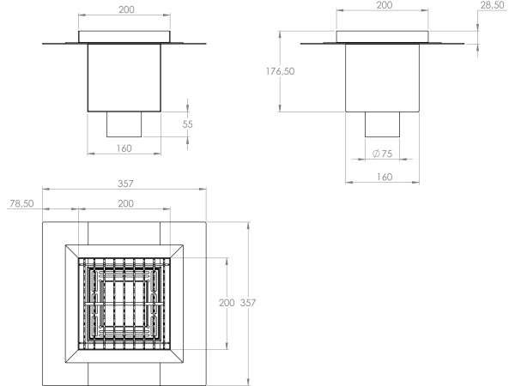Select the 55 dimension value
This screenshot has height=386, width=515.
click(x=188, y=124)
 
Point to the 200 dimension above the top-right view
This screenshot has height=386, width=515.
click(x=383, y=5)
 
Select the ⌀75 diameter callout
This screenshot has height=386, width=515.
click(x=383, y=154)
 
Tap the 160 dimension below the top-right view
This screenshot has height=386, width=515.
click(x=383, y=177)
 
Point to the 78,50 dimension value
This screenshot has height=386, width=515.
click(x=24, y=204)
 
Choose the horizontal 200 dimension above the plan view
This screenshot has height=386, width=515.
click(x=125, y=204)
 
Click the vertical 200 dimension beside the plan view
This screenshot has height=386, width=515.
click(x=227, y=303)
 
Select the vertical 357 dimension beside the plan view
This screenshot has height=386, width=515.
click(x=247, y=303)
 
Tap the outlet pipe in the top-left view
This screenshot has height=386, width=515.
click(x=125, y=124)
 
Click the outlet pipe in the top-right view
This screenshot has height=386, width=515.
click(x=383, y=124)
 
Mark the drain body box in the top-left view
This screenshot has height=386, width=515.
click(x=125, y=77)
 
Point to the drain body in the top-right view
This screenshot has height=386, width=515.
click(x=383, y=77)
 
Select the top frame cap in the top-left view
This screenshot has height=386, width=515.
click(x=125, y=37)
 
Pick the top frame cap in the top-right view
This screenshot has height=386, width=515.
click(x=383, y=37)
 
